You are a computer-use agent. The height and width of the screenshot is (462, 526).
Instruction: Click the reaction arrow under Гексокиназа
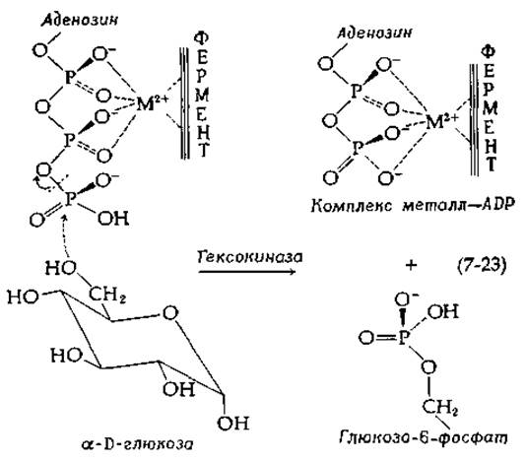point(247,271)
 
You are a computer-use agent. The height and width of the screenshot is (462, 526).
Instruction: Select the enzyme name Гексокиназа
point(250,257)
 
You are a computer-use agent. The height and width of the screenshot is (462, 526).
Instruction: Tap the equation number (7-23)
point(482,265)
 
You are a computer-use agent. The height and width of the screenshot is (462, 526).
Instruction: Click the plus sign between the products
point(411,265)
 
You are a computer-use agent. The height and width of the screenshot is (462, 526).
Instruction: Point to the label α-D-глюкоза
point(137,444)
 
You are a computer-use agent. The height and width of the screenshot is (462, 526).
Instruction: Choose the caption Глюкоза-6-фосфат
point(424,437)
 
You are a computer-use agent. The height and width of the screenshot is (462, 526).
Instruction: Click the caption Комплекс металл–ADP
point(413,205)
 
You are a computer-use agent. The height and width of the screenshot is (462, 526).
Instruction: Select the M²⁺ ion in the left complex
point(152,103)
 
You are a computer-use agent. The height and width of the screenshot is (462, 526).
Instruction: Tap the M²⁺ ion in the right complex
point(441,121)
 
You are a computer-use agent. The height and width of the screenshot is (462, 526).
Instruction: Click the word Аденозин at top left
point(80,20)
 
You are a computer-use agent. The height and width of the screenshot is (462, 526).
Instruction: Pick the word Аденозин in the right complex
point(374,33)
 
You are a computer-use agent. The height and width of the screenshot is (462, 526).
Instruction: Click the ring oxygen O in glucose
point(170,313)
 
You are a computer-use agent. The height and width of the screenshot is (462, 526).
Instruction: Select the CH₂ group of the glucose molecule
point(107,296)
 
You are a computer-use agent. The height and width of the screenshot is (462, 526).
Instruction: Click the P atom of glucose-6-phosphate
point(404,338)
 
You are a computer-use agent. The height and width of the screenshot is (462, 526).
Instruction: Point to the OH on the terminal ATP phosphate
point(113,219)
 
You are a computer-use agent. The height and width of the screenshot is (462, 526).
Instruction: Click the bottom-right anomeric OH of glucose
point(233,424)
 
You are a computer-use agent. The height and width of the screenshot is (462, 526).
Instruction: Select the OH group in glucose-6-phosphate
point(442,311)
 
